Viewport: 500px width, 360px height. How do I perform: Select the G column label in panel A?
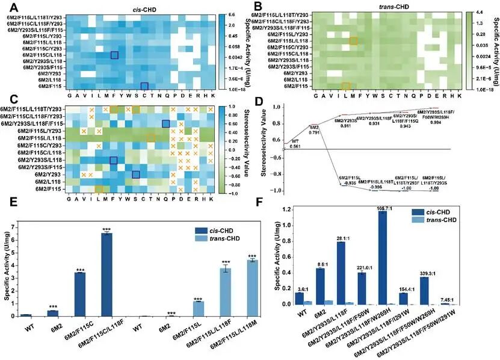69,95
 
